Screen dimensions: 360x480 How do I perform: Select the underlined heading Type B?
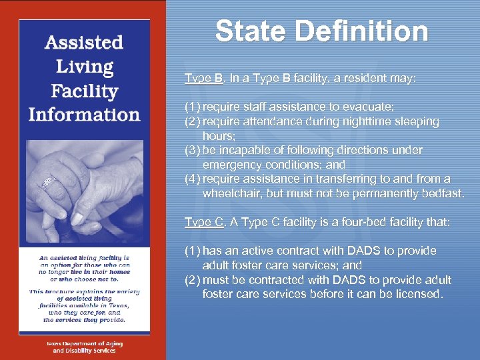tap(204, 78)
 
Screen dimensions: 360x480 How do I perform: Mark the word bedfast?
tap(439, 193)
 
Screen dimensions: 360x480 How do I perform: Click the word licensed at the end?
tap(417, 294)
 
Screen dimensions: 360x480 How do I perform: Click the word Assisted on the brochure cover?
tap(84, 43)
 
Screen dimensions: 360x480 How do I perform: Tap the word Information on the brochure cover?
tap(84, 115)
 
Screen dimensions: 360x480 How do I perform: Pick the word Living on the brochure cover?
tap(84, 67)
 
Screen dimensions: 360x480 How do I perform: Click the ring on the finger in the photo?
tap(47, 181)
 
